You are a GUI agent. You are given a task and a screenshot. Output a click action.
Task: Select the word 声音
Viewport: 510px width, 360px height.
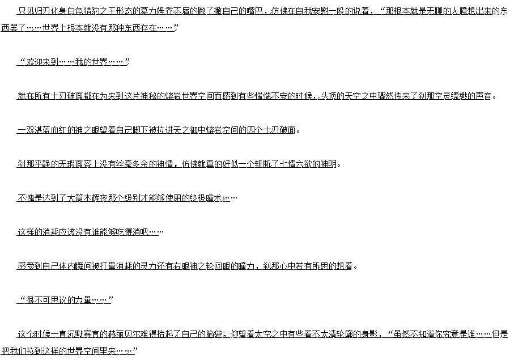point(486,96)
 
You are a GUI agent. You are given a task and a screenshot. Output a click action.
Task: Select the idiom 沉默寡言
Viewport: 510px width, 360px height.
point(74,334)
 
